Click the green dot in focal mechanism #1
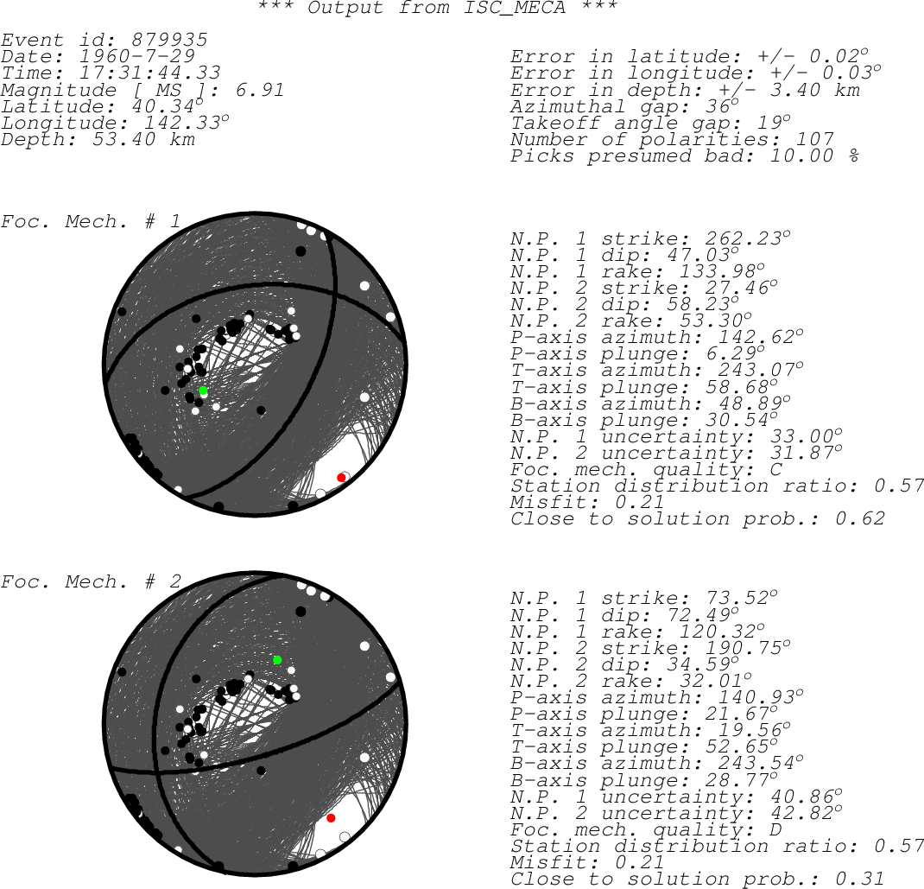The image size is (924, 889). (203, 391)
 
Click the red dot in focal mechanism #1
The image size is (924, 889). (340, 478)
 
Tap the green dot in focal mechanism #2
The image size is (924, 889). (277, 660)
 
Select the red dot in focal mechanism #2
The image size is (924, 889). (332, 818)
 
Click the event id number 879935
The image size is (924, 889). (170, 40)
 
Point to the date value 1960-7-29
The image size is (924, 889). (137, 57)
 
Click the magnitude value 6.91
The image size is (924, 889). (260, 90)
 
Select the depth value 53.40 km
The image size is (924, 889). (144, 139)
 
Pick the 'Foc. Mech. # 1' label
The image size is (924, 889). (91, 222)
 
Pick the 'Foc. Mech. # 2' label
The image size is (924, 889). (91, 581)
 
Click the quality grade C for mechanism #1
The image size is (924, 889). (776, 469)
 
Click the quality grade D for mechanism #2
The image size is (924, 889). (776, 829)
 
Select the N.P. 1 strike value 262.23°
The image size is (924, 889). (748, 238)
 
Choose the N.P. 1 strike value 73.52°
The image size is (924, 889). (741, 598)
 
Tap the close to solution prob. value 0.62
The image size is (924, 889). (860, 518)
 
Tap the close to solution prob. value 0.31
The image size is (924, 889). (860, 879)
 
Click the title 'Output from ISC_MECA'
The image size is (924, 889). (437, 8)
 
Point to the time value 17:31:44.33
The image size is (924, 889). (150, 73)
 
